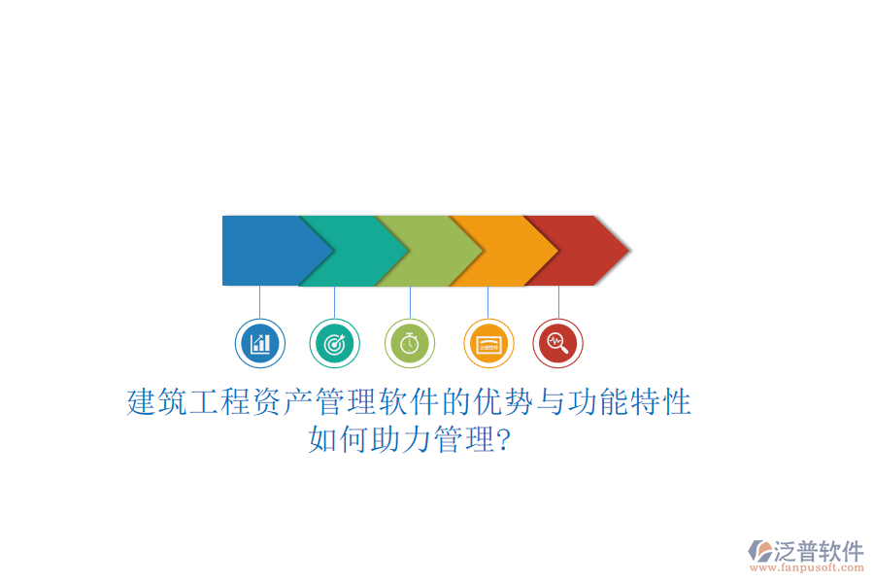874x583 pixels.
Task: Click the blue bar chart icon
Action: click(259, 343)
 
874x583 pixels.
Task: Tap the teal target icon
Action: click(334, 343)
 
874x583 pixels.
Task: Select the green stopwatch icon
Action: click(410, 343)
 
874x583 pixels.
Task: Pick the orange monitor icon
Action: click(487, 343)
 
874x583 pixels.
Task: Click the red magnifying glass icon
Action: click(557, 343)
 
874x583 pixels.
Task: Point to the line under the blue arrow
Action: click(259, 302)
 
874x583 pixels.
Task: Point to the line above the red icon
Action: click(558, 302)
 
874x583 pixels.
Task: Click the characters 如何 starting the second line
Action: click(339, 440)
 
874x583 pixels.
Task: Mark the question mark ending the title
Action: click(504, 440)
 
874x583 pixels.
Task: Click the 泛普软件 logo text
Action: click(818, 551)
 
